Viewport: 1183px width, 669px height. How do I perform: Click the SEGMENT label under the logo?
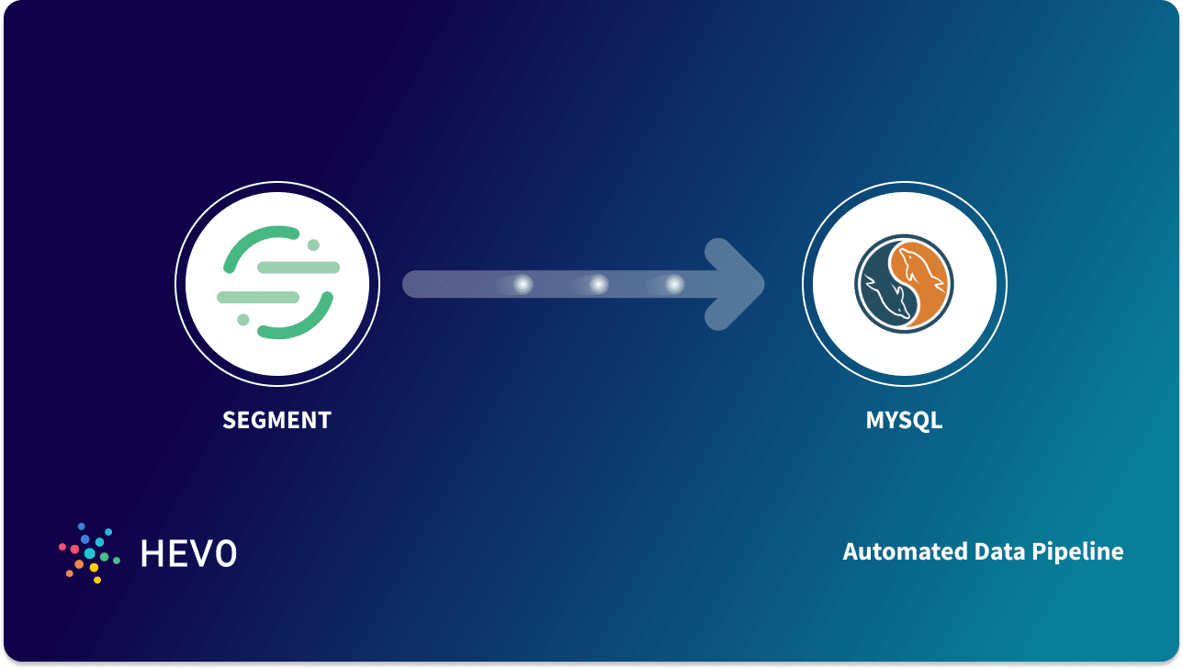(276, 421)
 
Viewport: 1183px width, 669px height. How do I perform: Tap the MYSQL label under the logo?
(904, 421)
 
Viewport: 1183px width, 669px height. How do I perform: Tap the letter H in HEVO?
(153, 552)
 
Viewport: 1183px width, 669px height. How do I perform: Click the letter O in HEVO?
(226, 552)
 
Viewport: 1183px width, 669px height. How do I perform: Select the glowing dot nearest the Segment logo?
(523, 285)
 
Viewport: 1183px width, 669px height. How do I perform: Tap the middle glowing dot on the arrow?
(598, 285)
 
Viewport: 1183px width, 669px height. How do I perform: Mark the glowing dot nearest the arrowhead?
(674, 285)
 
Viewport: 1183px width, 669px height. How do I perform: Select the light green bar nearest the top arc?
(299, 267)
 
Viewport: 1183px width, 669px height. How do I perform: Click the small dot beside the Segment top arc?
(313, 244)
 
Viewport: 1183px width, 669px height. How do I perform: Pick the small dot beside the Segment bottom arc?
(242, 320)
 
